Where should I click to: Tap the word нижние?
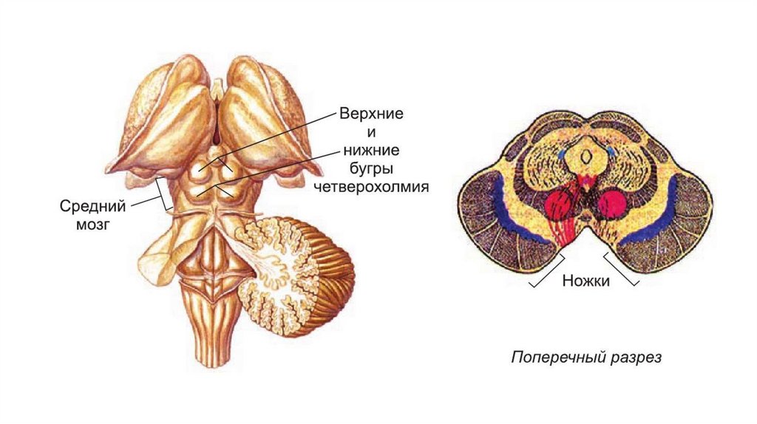(x=370, y=151)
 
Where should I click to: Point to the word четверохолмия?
(x=371, y=186)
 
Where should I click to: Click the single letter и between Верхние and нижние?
(x=370, y=134)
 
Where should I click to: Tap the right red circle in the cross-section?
(x=612, y=204)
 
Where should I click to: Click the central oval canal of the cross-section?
(x=585, y=156)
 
